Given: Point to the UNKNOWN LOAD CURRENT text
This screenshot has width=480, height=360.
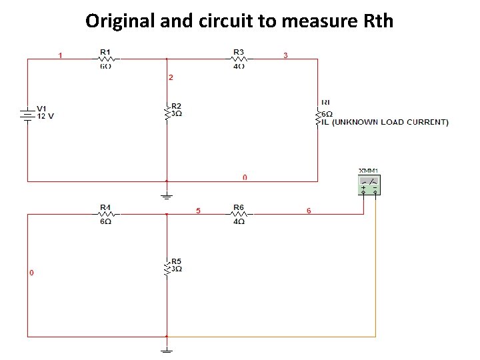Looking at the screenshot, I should coord(390,122).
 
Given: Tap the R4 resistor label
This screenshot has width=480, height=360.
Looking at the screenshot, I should coord(105,207).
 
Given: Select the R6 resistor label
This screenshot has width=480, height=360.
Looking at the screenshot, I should coord(239,207).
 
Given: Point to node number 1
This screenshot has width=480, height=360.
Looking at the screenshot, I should coord(61,55).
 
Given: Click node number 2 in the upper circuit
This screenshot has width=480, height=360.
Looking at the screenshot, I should coord(171,78).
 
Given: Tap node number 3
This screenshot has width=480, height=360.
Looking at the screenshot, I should coord(286,55).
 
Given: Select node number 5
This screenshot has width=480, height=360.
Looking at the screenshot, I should coord(198,211).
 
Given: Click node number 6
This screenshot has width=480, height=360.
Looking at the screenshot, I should coord(309,211).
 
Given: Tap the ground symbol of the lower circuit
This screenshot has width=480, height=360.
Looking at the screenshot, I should coord(167,349).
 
